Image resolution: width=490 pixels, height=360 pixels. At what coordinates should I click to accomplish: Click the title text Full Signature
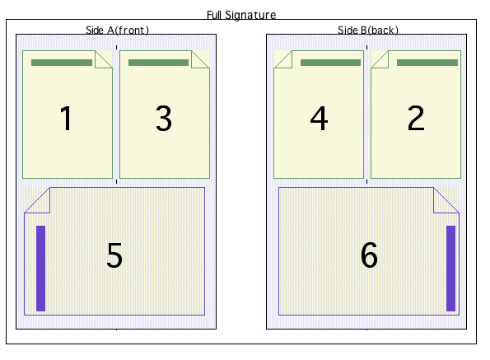point(241,15)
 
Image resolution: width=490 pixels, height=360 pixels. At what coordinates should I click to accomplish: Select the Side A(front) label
point(117,30)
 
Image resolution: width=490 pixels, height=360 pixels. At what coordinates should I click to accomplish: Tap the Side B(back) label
point(368,30)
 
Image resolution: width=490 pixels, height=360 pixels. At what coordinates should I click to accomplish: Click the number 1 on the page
point(66,118)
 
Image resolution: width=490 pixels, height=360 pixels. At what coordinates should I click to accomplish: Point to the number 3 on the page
point(164,118)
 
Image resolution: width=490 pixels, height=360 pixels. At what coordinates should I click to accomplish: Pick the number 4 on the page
point(319,118)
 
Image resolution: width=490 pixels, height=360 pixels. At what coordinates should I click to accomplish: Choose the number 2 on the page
point(416,118)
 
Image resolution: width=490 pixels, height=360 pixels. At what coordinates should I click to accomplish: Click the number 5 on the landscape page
point(114,255)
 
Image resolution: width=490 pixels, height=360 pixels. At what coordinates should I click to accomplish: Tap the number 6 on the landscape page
point(369,255)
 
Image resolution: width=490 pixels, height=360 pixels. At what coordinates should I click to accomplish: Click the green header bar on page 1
point(62,63)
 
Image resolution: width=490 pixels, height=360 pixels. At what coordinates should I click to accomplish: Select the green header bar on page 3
point(158,63)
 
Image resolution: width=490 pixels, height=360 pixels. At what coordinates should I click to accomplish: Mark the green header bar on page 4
point(330,63)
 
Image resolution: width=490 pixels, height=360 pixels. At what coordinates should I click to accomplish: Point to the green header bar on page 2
point(427,63)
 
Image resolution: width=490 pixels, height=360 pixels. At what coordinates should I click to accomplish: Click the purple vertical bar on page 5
point(41,269)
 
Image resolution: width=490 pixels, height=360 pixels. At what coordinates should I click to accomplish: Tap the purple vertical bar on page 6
point(451,269)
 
